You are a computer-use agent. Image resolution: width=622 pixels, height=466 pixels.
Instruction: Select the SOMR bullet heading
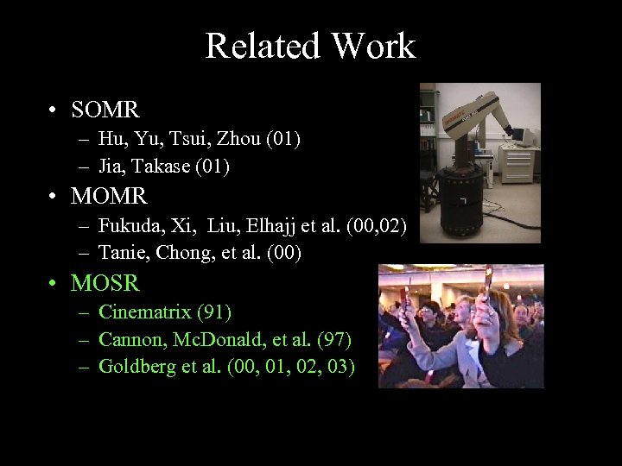[x=105, y=110]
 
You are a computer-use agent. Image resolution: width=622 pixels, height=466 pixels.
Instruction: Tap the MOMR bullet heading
[x=109, y=196]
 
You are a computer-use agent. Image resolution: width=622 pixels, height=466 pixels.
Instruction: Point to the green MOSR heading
[x=105, y=282]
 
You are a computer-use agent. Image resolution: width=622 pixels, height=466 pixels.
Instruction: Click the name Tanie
[x=120, y=252]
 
